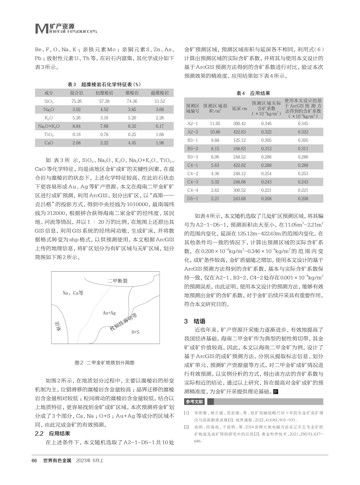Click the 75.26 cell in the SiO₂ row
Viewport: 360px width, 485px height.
[77, 101]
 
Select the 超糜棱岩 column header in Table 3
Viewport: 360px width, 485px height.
[160, 92]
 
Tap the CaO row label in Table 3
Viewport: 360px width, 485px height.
[49, 142]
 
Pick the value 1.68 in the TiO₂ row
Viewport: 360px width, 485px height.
[160, 134]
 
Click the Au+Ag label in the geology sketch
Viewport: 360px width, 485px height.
[109, 313]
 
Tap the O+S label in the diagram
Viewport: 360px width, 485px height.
[135, 332]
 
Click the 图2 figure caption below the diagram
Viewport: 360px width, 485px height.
[105, 363]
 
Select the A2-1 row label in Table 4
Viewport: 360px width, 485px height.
[193, 124]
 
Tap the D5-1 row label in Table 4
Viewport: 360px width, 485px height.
[193, 198]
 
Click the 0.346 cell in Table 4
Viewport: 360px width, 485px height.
[267, 124]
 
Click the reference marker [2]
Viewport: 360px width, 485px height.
[186, 427]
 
